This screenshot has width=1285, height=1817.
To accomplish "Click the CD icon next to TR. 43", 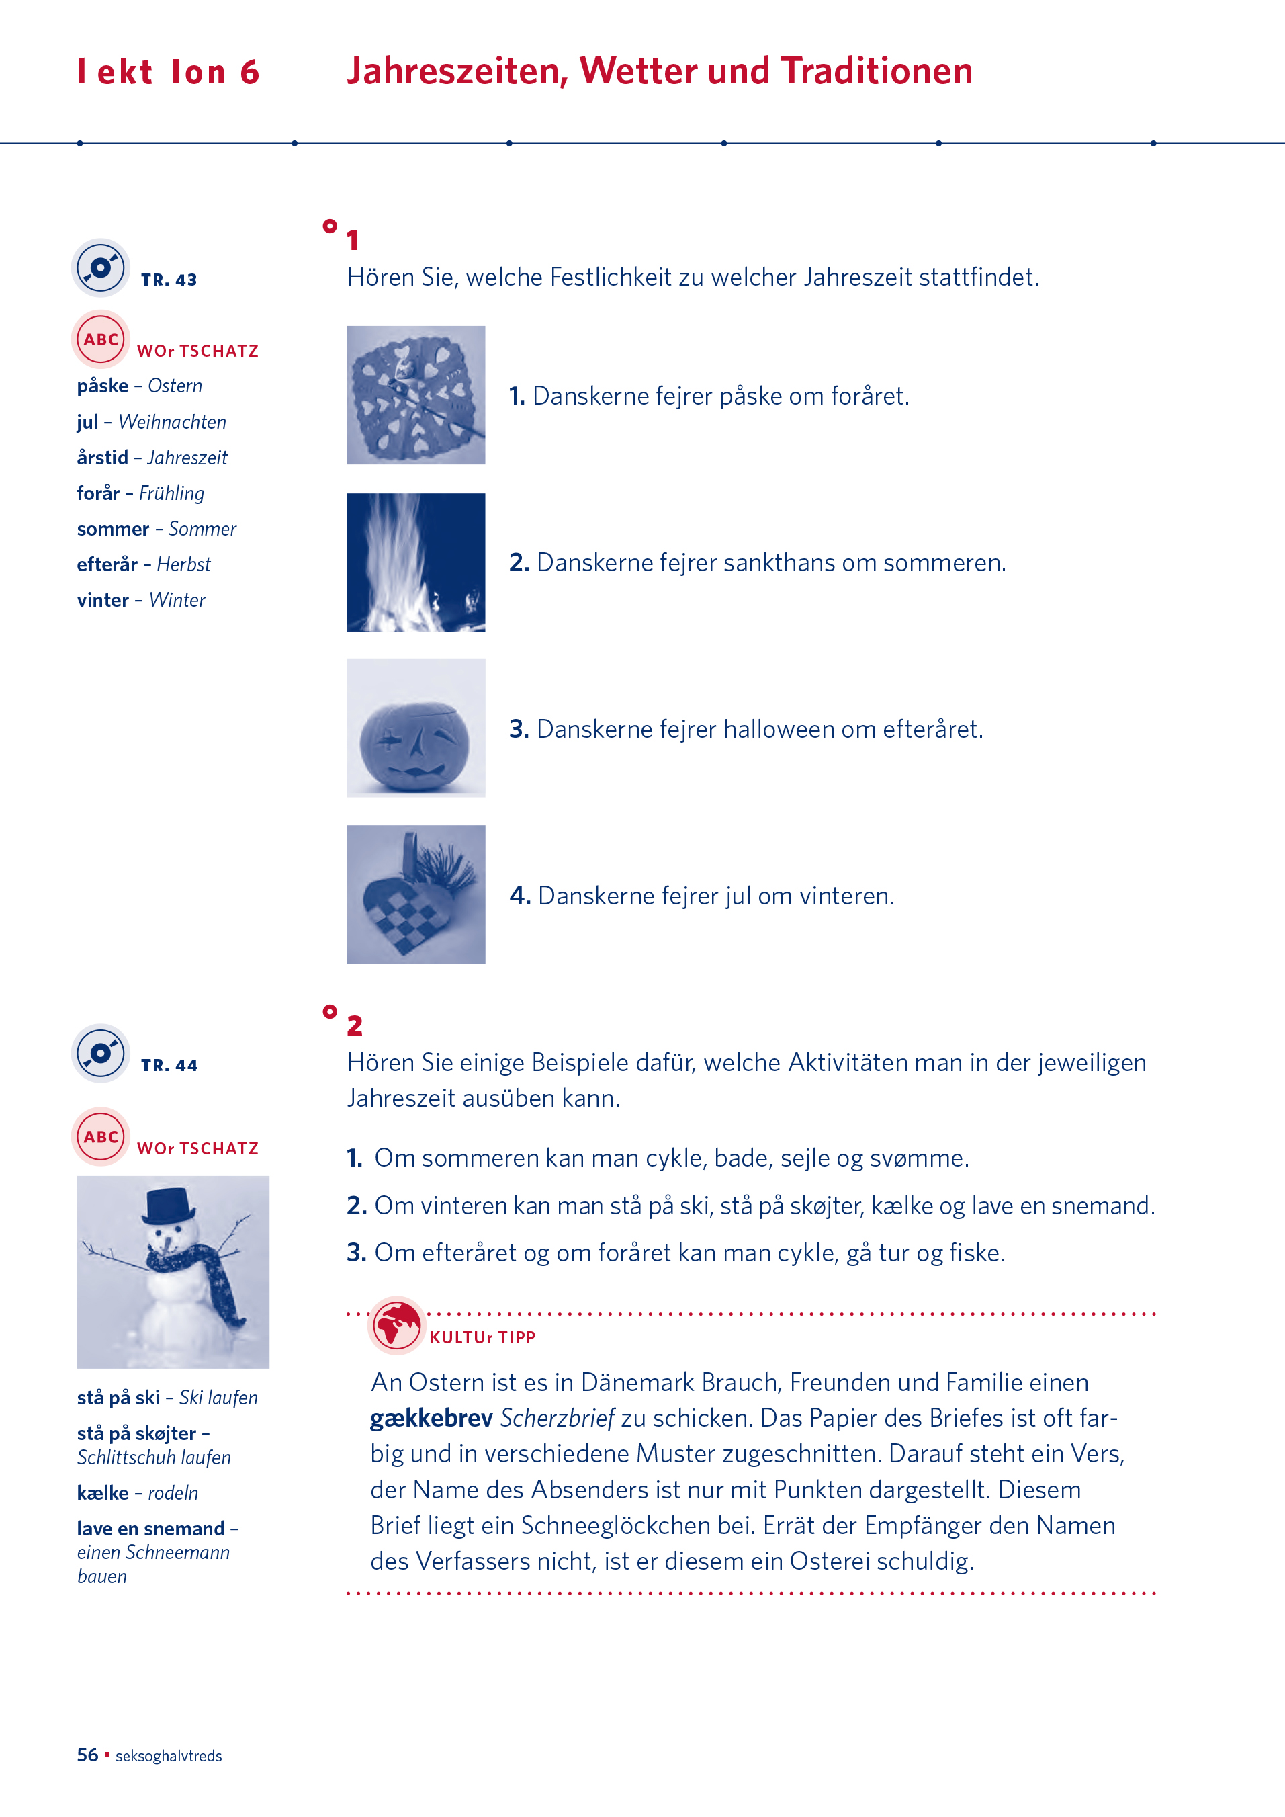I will pos(101,267).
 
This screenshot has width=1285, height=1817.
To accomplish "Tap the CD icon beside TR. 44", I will pos(101,1054).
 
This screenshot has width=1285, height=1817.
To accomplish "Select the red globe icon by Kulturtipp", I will pos(396,1324).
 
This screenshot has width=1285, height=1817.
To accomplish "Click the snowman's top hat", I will pos(169,1204).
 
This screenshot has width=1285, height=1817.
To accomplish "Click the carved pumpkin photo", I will pos(415,728).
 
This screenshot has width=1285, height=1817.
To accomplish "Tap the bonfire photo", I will pos(415,562).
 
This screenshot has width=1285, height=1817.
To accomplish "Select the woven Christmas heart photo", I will pos(415,895).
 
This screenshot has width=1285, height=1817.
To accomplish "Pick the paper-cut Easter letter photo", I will pos(415,395).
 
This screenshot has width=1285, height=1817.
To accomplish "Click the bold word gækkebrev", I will pos(431,1418).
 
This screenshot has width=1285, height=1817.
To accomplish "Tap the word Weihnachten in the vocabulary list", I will pos(173,423).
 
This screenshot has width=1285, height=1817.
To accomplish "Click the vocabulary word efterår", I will pos(107,565).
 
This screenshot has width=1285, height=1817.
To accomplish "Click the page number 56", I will pos(87,1755).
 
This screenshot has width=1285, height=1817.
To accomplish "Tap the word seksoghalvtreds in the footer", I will pos(169,1756).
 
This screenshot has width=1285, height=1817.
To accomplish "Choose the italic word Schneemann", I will pos(179,1553).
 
